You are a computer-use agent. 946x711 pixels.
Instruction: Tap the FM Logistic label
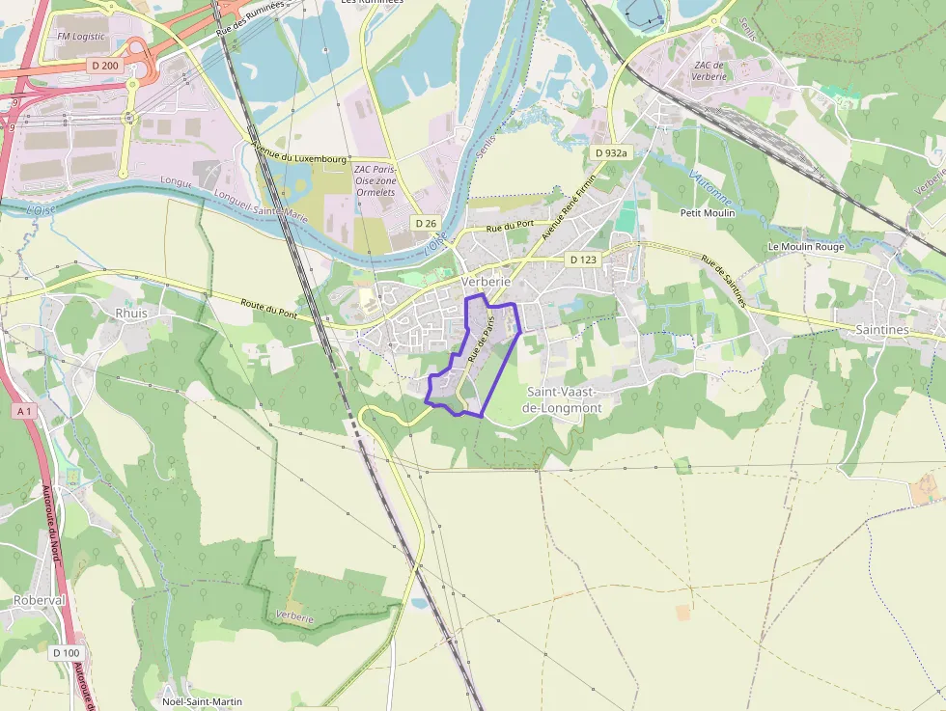pos(79,37)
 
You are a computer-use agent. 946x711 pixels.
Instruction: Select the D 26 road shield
pos(426,223)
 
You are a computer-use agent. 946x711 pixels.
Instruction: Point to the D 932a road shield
pos(611,152)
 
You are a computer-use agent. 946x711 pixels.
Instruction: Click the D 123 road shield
pos(583,260)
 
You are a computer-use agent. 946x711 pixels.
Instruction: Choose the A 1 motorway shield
pos(24,411)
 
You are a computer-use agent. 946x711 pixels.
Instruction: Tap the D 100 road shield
pos(67,652)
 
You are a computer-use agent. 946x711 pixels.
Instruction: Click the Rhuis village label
pos(131,313)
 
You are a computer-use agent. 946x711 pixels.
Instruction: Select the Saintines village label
pos(882,330)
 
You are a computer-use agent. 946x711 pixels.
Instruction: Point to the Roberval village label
pos(40,600)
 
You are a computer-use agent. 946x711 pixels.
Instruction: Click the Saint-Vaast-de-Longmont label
pos(562,399)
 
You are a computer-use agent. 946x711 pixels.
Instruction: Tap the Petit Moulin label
pos(708,213)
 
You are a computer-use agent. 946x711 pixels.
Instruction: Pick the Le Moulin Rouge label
pos(806,247)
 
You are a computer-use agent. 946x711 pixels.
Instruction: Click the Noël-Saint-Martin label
pos(203,701)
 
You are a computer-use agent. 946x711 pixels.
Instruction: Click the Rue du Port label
pos(510,228)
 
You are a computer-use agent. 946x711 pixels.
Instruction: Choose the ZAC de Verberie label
pos(709,70)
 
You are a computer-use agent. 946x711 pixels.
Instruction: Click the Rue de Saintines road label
pos(724,281)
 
